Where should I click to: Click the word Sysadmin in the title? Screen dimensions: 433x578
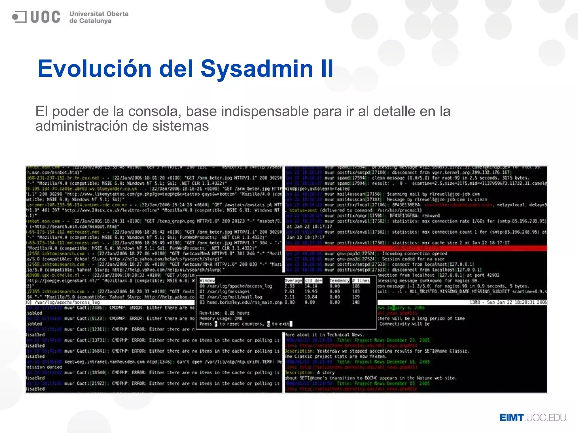(257, 69)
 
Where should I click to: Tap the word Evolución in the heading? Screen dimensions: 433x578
(95, 69)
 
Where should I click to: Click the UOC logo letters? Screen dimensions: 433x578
(45, 17)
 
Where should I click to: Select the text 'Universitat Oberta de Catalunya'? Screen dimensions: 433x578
(98, 17)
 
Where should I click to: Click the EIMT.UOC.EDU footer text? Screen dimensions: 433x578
(533, 417)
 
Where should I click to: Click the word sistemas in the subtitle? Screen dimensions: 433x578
(180, 126)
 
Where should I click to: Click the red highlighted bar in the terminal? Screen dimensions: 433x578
(416, 248)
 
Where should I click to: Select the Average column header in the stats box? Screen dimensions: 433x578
(293, 281)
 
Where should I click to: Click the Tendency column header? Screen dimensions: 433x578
(340, 281)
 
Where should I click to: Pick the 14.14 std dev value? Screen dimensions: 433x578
(311, 286)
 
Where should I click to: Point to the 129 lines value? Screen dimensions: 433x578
(356, 297)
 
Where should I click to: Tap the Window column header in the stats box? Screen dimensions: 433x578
(207, 281)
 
